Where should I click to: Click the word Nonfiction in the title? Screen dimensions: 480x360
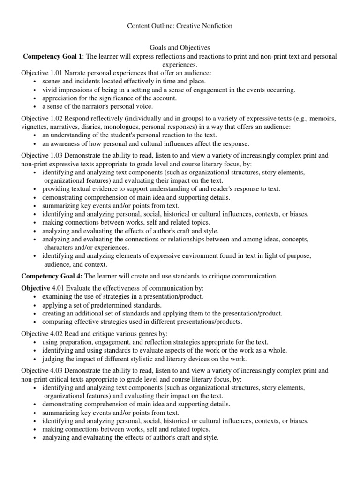click(216, 26)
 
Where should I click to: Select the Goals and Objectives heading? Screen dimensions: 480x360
click(180, 48)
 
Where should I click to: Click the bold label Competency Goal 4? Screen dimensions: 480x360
click(52, 276)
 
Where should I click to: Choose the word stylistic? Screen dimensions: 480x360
click(154, 359)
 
